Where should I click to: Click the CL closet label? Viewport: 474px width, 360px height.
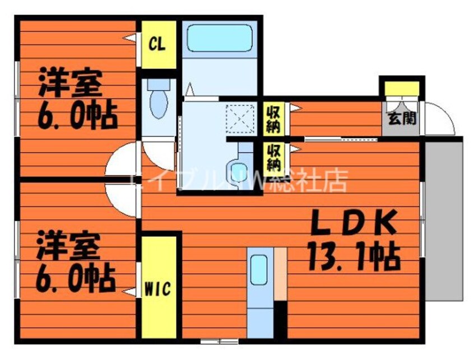pyautogui.click(x=157, y=44)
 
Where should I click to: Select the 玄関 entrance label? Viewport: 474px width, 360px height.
pyautogui.click(x=401, y=118)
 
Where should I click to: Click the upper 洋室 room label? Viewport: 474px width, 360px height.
pyautogui.click(x=69, y=83)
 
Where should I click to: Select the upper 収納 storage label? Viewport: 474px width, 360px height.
pyautogui.click(x=273, y=117)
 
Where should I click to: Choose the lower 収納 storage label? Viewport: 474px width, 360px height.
pyautogui.click(x=273, y=157)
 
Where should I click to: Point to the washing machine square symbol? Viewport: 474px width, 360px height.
pyautogui.click(x=238, y=119)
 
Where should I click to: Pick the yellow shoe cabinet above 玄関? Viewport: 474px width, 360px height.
pyautogui.click(x=401, y=88)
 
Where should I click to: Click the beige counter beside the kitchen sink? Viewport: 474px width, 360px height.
pyautogui.click(x=280, y=274)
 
